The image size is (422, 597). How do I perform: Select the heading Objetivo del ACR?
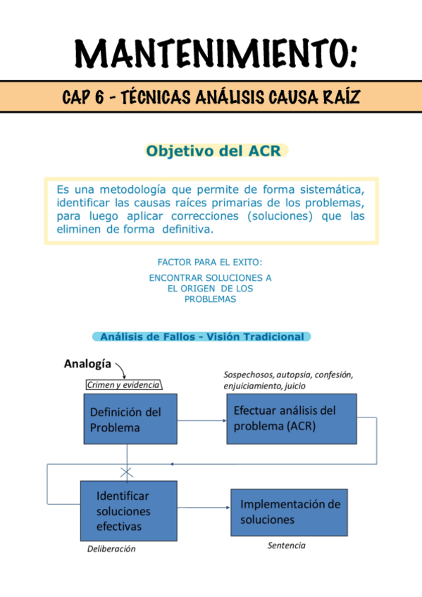(217, 151)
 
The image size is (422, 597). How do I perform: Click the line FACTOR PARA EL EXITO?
(210, 262)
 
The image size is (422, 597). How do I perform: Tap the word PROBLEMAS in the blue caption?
(210, 299)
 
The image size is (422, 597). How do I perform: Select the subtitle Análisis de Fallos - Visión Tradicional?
(202, 337)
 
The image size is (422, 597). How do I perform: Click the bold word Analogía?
(87, 364)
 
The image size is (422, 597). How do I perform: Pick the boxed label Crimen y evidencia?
(123, 384)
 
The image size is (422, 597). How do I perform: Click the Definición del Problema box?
(130, 419)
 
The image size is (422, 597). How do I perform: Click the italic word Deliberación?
(111, 549)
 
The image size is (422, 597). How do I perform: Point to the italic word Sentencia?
(287, 545)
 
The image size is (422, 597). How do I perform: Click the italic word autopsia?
(296, 375)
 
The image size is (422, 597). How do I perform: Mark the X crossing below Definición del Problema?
(127, 471)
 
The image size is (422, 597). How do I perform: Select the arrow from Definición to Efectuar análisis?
(201, 420)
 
